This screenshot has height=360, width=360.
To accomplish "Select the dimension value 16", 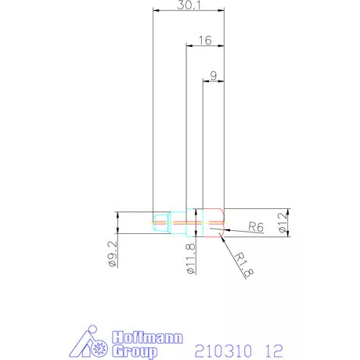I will tap(205, 39).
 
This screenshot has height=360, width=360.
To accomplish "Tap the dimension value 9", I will tap(214, 76).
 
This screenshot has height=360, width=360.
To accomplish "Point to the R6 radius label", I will tap(255, 227).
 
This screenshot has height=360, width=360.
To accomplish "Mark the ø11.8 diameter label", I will tap(189, 259).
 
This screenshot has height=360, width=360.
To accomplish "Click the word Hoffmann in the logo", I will tap(149, 338).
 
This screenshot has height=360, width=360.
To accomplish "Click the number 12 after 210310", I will tap(273, 348).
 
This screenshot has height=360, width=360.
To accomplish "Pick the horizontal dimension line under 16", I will tap(205, 45).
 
